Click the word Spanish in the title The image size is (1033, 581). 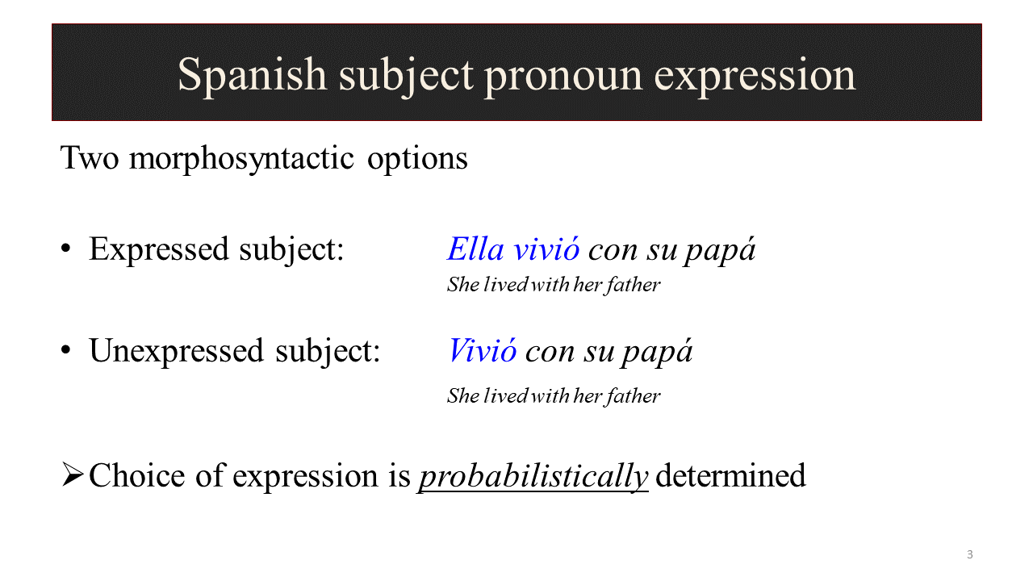tap(253, 75)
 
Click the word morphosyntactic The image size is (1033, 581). tap(241, 159)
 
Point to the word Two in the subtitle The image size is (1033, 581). tap(90, 158)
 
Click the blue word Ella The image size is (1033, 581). tap(475, 249)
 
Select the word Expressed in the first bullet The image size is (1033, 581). tap(159, 250)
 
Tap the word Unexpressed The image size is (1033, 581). tap(176, 351)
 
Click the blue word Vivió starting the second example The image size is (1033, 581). tap(483, 351)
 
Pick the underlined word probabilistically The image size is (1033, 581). tap(533, 477)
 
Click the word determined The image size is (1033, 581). tap(730, 475)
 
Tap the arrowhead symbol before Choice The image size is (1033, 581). tap(73, 475)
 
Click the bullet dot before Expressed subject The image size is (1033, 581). tap(66, 249)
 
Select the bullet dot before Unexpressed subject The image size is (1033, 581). tap(66, 350)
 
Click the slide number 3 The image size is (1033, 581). tap(970, 554)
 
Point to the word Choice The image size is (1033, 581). tap(137, 475)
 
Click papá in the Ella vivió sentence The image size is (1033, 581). tap(720, 250)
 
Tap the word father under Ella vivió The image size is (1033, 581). tap(634, 285)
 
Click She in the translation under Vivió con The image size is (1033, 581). tap(463, 396)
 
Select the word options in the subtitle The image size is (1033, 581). tap(417, 160)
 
